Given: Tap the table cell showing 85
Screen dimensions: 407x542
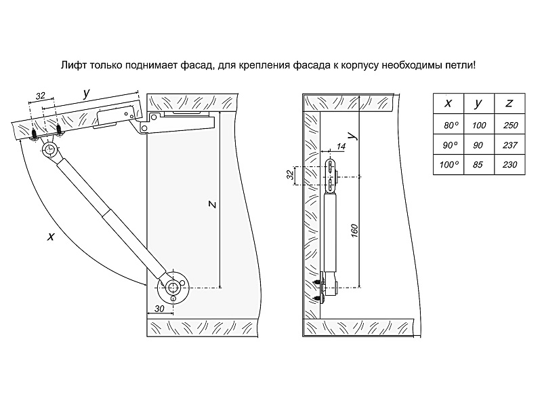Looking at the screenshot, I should coord(479,165).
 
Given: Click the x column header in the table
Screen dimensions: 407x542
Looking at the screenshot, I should coord(449,103).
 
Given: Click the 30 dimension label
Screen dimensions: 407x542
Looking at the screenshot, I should coord(159,309).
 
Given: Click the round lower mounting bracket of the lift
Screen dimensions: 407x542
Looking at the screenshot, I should coord(173,288).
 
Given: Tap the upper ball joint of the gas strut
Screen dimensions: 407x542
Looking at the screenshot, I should coord(49,149).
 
